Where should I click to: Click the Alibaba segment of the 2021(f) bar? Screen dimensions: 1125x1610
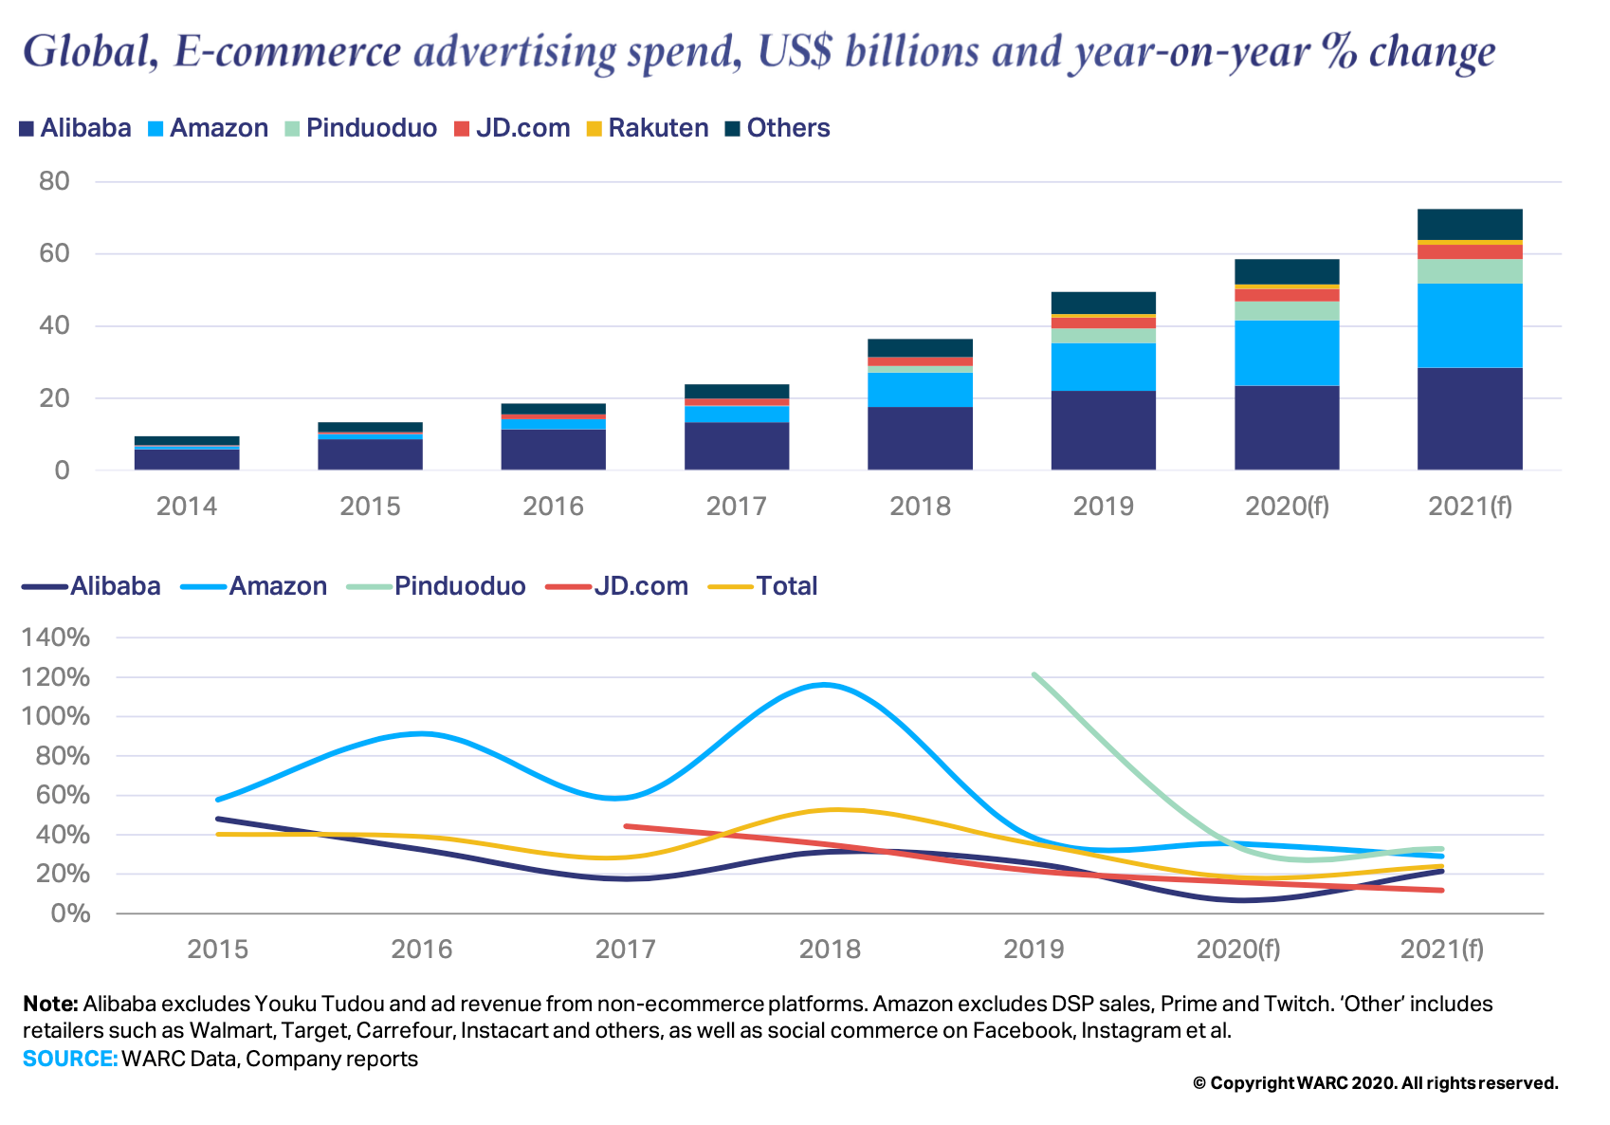(1470, 418)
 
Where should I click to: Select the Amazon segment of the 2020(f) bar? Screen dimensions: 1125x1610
(1287, 353)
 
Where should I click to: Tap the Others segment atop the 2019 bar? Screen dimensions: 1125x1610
(1104, 303)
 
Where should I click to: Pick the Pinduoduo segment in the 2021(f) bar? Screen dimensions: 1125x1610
(1470, 271)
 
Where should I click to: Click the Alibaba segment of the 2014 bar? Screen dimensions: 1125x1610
(187, 459)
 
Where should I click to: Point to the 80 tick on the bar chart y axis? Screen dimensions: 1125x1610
(54, 181)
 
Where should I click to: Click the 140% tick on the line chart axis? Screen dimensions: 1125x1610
(55, 637)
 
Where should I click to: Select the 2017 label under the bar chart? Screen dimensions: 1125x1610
(736, 507)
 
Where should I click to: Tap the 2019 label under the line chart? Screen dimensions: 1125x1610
(1034, 950)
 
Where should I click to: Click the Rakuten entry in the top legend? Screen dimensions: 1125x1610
(657, 128)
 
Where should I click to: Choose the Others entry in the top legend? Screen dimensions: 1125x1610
(787, 128)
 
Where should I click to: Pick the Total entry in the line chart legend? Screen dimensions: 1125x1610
(786, 586)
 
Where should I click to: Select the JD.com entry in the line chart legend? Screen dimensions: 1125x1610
(640, 586)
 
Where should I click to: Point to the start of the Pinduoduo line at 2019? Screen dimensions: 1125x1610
(1034, 675)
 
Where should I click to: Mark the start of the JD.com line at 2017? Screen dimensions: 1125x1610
(626, 826)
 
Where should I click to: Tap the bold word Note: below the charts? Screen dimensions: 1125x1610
(50, 1004)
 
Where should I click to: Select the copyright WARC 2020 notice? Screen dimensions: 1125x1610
(1375, 1083)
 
